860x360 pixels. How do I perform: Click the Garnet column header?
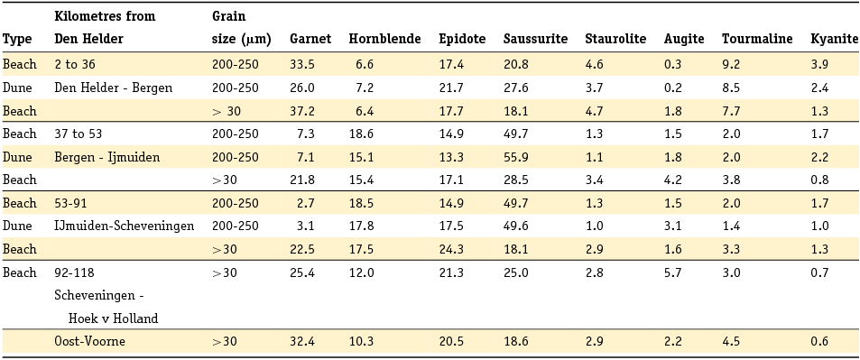click(x=310, y=39)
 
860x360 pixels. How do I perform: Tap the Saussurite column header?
click(x=535, y=39)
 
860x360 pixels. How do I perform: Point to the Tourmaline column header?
click(x=757, y=39)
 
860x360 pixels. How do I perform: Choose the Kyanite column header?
click(x=834, y=39)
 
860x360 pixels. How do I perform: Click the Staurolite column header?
click(x=615, y=39)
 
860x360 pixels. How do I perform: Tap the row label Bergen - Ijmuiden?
click(x=106, y=157)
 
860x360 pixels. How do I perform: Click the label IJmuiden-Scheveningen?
click(x=125, y=226)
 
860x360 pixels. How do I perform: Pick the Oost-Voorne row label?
click(x=89, y=342)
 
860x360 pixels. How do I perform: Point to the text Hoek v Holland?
click(x=113, y=318)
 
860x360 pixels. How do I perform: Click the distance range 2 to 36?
click(x=76, y=64)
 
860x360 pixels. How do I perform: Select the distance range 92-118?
click(x=74, y=272)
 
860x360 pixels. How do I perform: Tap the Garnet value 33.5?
click(x=302, y=64)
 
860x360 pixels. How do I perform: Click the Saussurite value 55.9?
click(x=516, y=157)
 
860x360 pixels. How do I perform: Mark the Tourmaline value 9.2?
click(x=731, y=64)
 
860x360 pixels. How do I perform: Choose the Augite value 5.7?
click(x=673, y=272)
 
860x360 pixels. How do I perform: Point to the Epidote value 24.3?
click(x=451, y=249)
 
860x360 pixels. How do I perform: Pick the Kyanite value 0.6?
click(x=819, y=342)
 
